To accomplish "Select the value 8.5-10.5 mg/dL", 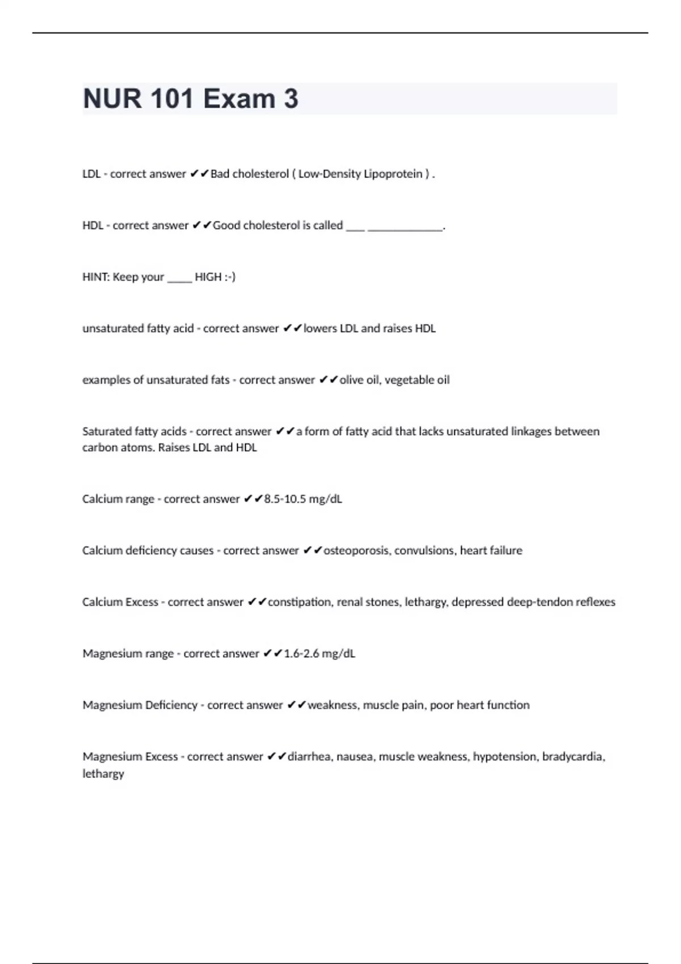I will [x=303, y=499].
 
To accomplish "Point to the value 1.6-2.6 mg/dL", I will [x=320, y=653].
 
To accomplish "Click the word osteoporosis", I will [x=356, y=551].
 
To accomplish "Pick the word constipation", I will [x=299, y=602].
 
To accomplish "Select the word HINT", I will [x=95, y=277].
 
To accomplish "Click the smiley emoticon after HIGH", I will [x=229, y=277].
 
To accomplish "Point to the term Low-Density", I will [x=329, y=174].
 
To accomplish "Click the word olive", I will [x=352, y=380].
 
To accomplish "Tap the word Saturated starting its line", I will [x=106, y=432].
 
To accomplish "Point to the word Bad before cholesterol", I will [x=220, y=174].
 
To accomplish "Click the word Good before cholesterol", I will [x=226, y=226].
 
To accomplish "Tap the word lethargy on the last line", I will [x=103, y=773].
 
